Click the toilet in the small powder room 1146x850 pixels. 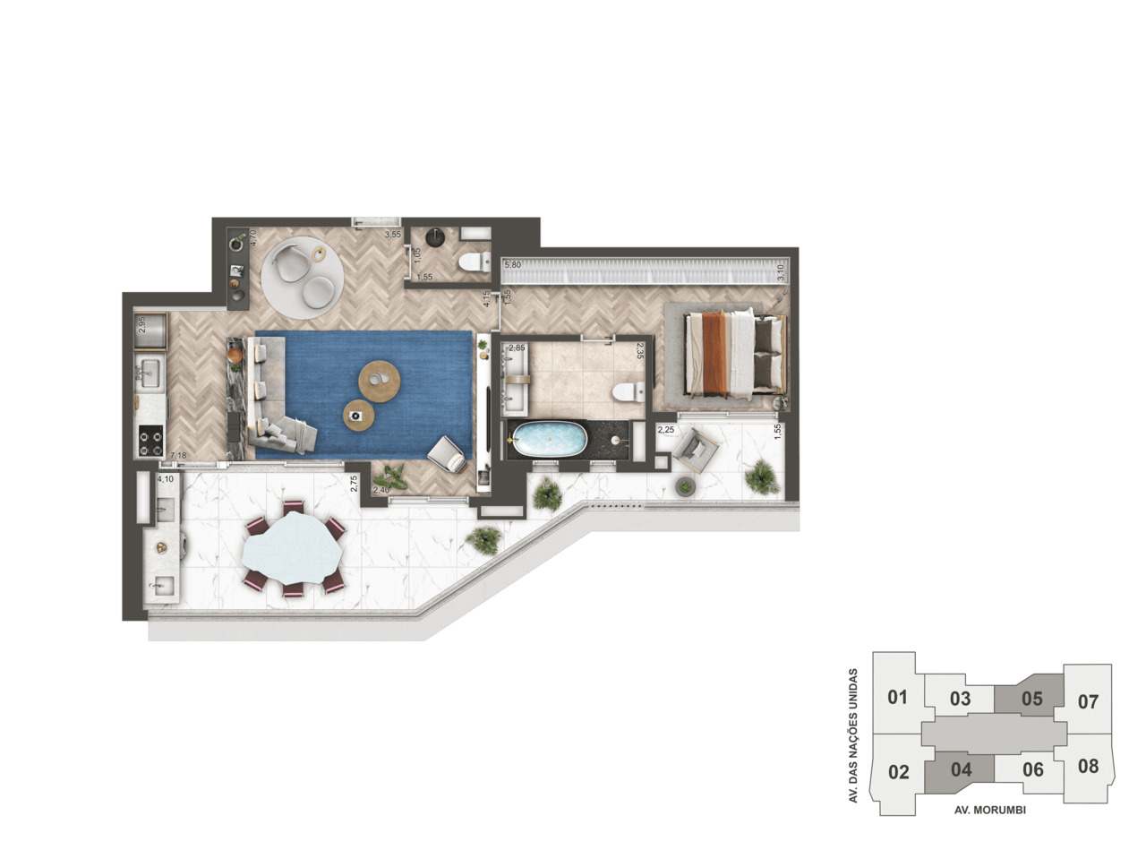tap(473, 262)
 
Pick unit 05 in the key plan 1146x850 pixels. tap(1032, 699)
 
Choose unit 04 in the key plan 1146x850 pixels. tap(961, 769)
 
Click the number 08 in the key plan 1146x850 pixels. tap(1088, 767)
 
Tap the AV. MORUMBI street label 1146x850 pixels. tap(989, 810)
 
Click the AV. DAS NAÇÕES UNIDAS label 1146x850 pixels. tap(853, 734)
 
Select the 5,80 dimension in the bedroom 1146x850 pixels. tap(512, 265)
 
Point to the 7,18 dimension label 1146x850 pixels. tap(178, 456)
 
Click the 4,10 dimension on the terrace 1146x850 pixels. tap(166, 479)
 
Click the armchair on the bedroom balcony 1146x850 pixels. tap(696, 449)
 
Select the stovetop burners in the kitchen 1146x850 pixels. tap(150, 440)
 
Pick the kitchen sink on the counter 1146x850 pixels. tap(149, 372)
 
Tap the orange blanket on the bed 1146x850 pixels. tap(714, 353)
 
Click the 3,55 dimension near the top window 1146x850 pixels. tap(392, 235)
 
